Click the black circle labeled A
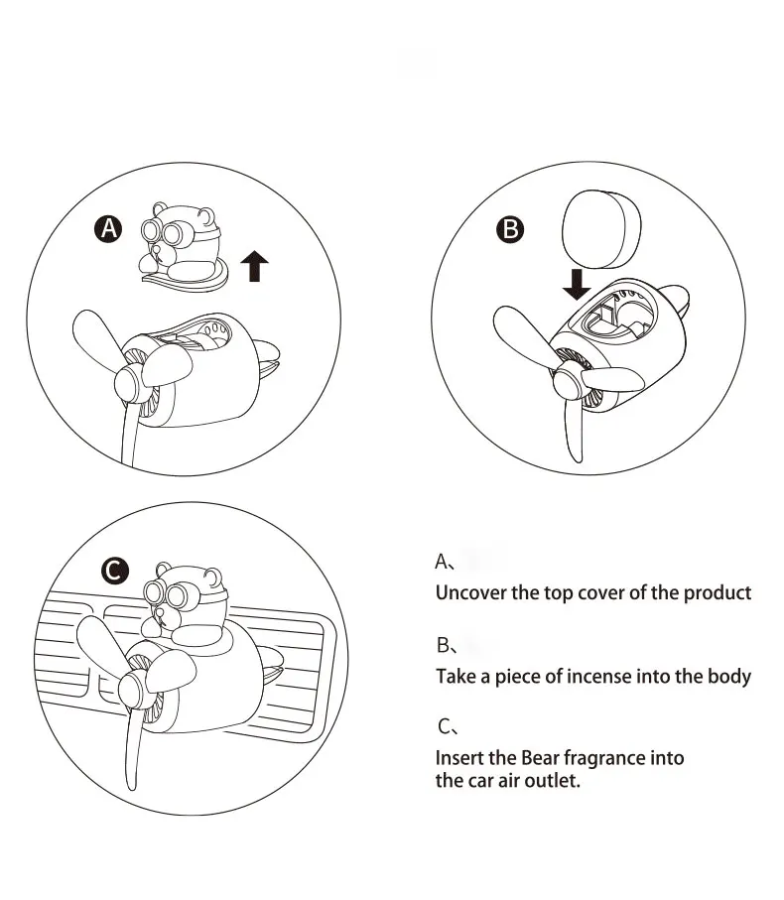[x=107, y=229]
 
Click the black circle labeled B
[x=510, y=229]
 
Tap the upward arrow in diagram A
[x=255, y=265]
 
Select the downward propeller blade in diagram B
[x=574, y=428]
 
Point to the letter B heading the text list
[x=444, y=645]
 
